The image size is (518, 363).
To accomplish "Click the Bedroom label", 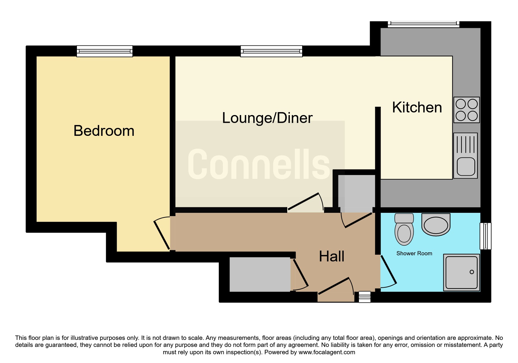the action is click(104, 131).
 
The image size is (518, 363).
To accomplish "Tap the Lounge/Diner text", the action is click(267, 118).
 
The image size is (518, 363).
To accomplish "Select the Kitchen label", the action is click(417, 107).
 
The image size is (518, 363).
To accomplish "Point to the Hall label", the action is click(331, 256).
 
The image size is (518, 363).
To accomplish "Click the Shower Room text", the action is click(414, 254).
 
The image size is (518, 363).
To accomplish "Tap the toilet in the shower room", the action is click(404, 229).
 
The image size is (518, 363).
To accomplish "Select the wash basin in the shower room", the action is click(436, 225).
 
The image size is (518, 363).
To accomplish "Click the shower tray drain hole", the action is click(471, 272).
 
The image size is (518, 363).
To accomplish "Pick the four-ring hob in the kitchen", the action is click(467, 110).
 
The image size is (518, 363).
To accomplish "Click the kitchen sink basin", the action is click(466, 166).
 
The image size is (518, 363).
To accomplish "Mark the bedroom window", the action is click(104, 51).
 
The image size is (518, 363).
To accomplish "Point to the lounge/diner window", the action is click(271, 51).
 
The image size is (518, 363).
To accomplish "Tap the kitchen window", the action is click(423, 24).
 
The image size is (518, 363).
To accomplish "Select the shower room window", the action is click(486, 236).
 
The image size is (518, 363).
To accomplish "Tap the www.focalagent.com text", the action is click(327, 352).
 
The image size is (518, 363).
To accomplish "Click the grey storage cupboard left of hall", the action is click(260, 274).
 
